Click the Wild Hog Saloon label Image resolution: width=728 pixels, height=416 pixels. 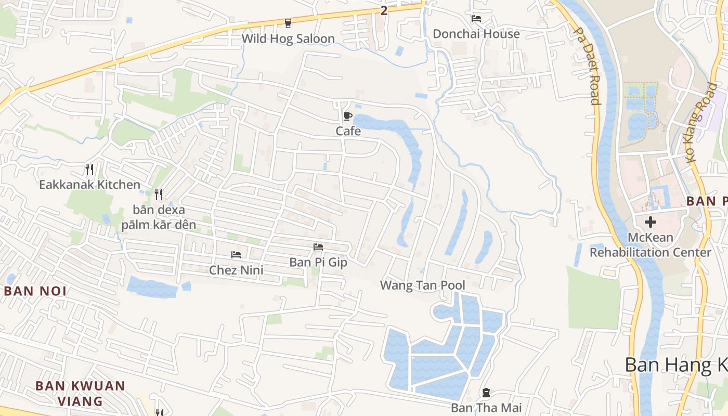point(288,38)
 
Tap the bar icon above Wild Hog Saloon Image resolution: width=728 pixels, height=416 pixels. point(288,23)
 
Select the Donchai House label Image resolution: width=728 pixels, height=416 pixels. point(476,34)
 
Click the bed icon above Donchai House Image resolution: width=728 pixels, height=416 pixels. point(476,19)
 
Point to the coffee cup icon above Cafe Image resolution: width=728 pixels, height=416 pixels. point(347,116)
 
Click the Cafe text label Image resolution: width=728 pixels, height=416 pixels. point(348,131)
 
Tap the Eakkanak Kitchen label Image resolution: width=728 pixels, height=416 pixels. point(89,185)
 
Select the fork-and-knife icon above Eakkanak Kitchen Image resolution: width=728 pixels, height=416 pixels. point(89,169)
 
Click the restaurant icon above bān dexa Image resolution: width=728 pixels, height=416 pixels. point(159,194)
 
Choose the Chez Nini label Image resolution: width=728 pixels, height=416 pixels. point(236,270)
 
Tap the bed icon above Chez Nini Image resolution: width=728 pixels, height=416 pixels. point(236,255)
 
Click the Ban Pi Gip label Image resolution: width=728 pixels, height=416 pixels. point(318,262)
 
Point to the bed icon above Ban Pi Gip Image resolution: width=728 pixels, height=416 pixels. point(318,247)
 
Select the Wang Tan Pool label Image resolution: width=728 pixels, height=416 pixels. point(422,285)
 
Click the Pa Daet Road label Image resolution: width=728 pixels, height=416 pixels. point(587,66)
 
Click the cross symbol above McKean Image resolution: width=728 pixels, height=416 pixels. point(650,222)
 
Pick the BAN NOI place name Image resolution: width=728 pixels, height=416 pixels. point(35,291)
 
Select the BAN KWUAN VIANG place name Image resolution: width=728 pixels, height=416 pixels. point(80,394)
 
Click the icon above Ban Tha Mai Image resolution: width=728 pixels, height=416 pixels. point(486,393)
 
